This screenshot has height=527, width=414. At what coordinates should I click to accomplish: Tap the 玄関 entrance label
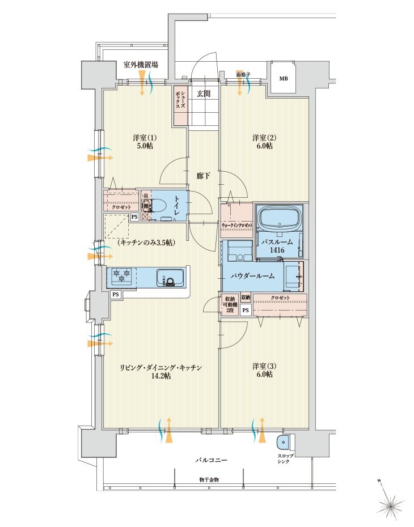[204, 94]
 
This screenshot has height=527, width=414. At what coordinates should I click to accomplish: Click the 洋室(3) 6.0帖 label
[263, 370]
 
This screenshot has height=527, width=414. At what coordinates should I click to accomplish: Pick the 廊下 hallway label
[204, 176]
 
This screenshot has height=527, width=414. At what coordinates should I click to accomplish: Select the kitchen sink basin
[170, 278]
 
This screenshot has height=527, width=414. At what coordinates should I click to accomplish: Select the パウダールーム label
[252, 276]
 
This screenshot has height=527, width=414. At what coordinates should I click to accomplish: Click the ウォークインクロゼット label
[237, 226]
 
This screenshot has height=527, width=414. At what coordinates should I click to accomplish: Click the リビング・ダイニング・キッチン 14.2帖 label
[160, 372]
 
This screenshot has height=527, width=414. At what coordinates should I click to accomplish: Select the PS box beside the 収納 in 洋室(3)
[245, 311]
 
